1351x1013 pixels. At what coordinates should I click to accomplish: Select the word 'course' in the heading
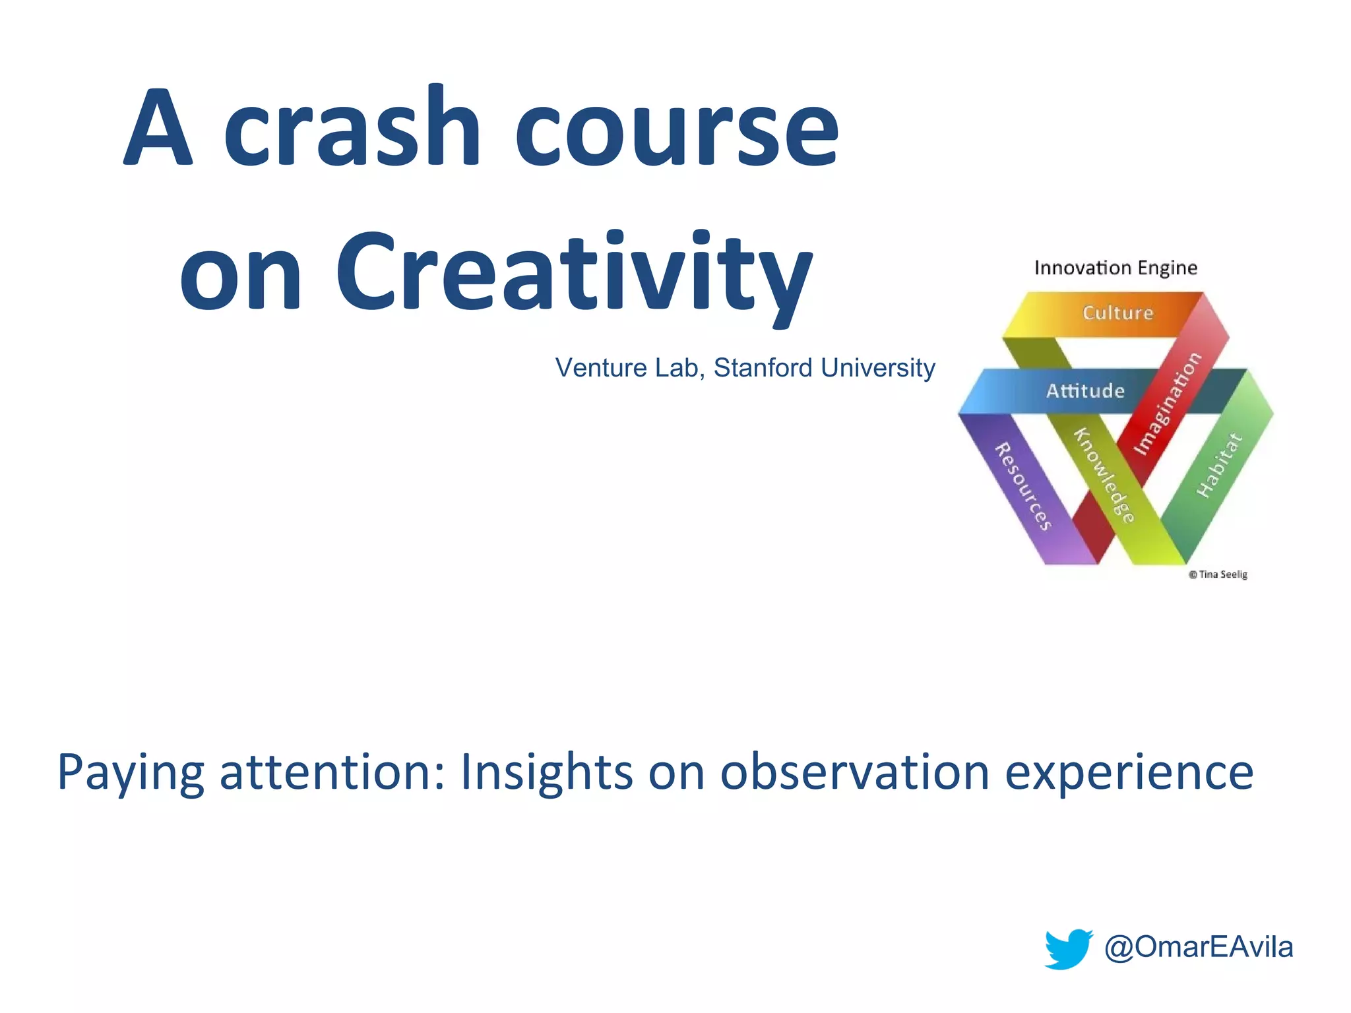click(x=676, y=129)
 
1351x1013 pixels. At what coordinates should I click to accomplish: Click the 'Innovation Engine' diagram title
click(x=1115, y=268)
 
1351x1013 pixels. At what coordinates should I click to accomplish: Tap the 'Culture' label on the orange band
click(x=1118, y=313)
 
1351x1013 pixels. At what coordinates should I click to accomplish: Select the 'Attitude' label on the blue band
click(x=1085, y=391)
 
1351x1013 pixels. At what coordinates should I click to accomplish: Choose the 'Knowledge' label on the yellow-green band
click(x=1104, y=476)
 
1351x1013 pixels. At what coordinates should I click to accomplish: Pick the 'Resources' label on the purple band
click(x=1022, y=487)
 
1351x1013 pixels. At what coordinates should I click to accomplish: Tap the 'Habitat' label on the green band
click(x=1220, y=466)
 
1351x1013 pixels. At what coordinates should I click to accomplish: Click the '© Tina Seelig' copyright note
click(x=1218, y=574)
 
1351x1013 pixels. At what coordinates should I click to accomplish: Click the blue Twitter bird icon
click(x=1068, y=948)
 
